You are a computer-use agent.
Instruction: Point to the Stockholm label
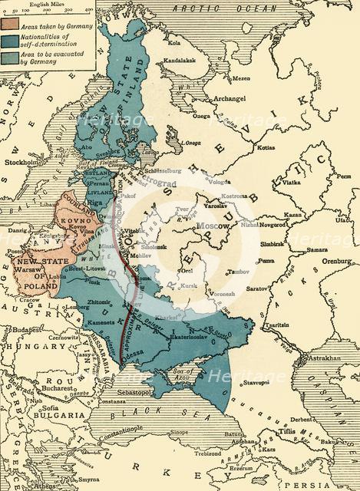click(x=22, y=163)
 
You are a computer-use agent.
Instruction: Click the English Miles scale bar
click(x=45, y=14)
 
